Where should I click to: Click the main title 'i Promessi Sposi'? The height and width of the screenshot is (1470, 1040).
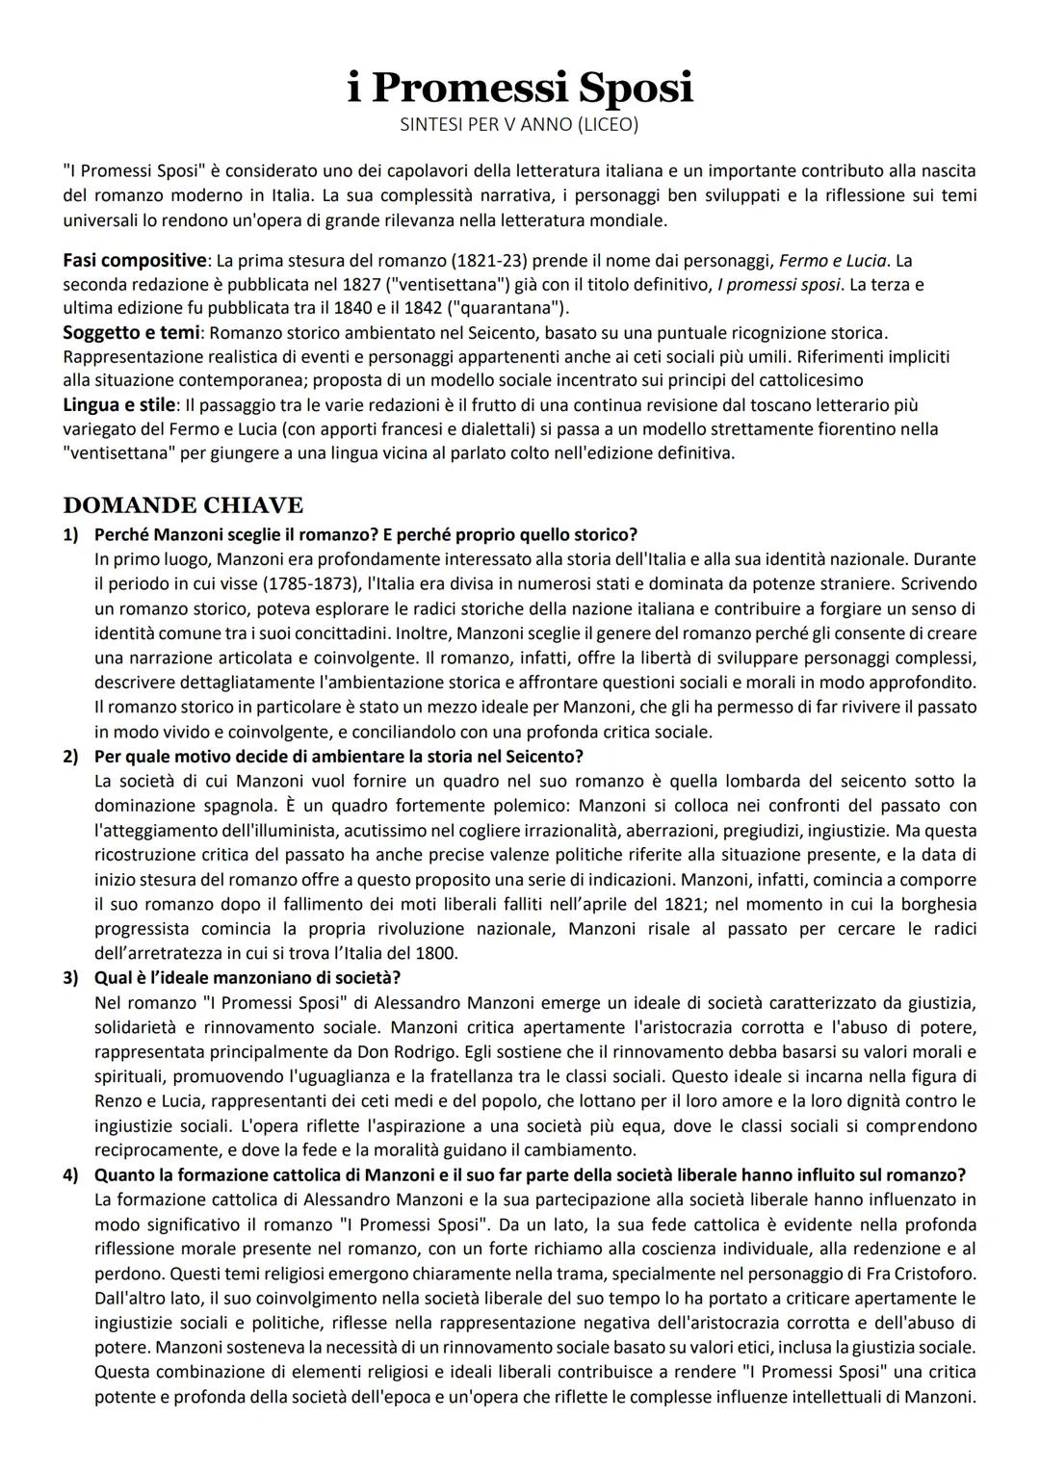coord(520,88)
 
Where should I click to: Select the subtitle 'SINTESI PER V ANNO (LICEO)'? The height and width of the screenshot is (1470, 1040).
coord(519,124)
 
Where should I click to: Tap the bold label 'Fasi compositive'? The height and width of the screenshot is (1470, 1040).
coord(135,261)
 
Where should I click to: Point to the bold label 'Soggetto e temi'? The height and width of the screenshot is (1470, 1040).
coord(132,333)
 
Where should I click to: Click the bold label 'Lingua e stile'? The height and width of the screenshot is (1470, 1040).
coord(119,404)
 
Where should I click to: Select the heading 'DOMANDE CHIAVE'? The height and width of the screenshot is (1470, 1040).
coord(183,505)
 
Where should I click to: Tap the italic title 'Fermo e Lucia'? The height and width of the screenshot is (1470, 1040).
coord(832,262)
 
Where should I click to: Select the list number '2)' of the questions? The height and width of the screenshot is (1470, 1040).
coord(71,757)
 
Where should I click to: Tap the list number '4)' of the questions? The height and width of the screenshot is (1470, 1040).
coord(71,1174)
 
